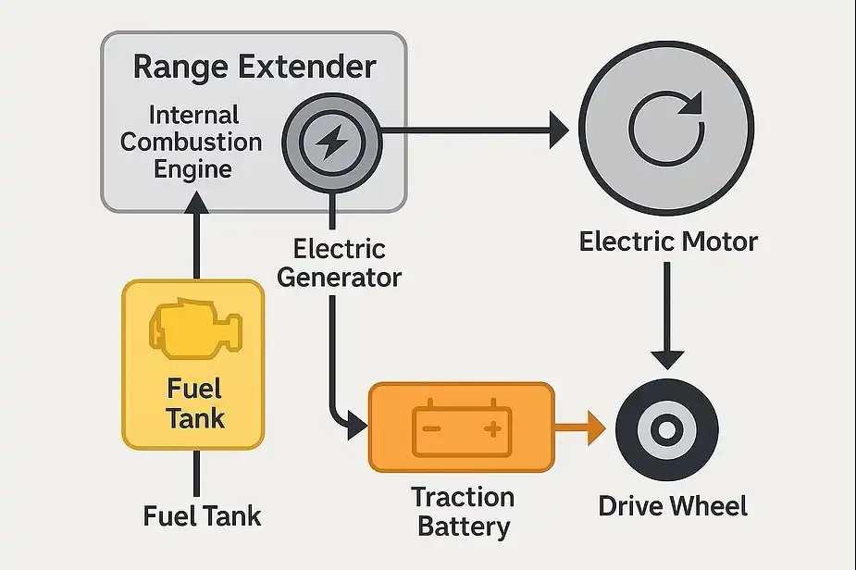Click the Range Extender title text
tap(254, 68)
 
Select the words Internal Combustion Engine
tap(192, 142)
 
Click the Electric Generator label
tap(339, 263)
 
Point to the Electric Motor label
tap(668, 242)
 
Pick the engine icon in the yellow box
tap(194, 329)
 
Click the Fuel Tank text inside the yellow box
tap(194, 403)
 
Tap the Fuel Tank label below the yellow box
tap(202, 515)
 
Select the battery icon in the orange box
tap(461, 428)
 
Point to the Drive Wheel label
tap(673, 506)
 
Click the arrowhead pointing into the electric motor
tap(558, 130)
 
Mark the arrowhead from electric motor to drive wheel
tap(667, 358)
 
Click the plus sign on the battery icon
tap(492, 428)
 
